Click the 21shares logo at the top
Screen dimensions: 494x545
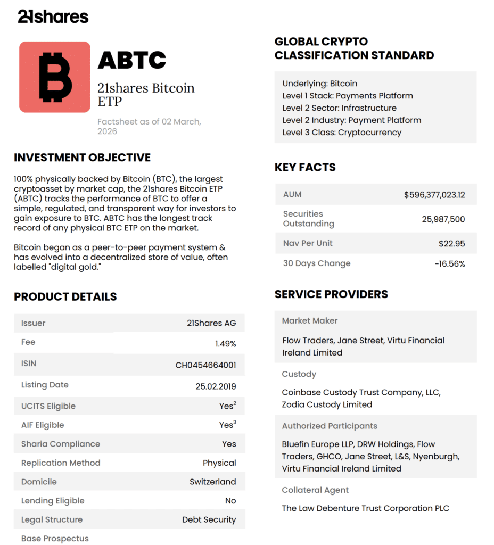coord(53,16)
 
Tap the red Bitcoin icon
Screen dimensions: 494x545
coord(55,77)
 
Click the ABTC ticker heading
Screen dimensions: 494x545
coord(132,60)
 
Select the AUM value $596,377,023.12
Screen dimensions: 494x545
coord(434,195)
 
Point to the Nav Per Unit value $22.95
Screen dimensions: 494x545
coord(452,244)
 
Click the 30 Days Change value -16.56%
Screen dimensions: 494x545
coord(449,264)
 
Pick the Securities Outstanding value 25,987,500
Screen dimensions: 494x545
coord(443,219)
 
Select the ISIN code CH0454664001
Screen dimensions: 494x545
coord(205,366)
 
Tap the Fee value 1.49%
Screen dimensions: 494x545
coord(225,344)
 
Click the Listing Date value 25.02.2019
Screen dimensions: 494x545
coord(216,387)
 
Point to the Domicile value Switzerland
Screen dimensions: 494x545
coord(212,482)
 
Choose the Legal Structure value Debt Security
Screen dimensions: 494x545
coord(209,519)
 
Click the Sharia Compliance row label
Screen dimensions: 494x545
coord(60,444)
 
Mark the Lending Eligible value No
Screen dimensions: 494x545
coord(230,501)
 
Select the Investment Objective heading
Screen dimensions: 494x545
coord(82,158)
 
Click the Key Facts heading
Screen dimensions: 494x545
coord(305,167)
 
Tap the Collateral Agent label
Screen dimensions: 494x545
coord(315,490)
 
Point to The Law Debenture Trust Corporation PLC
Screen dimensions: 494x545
coord(365,508)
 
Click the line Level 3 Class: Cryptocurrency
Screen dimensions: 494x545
coord(342,133)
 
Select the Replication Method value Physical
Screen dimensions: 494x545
coord(219,463)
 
